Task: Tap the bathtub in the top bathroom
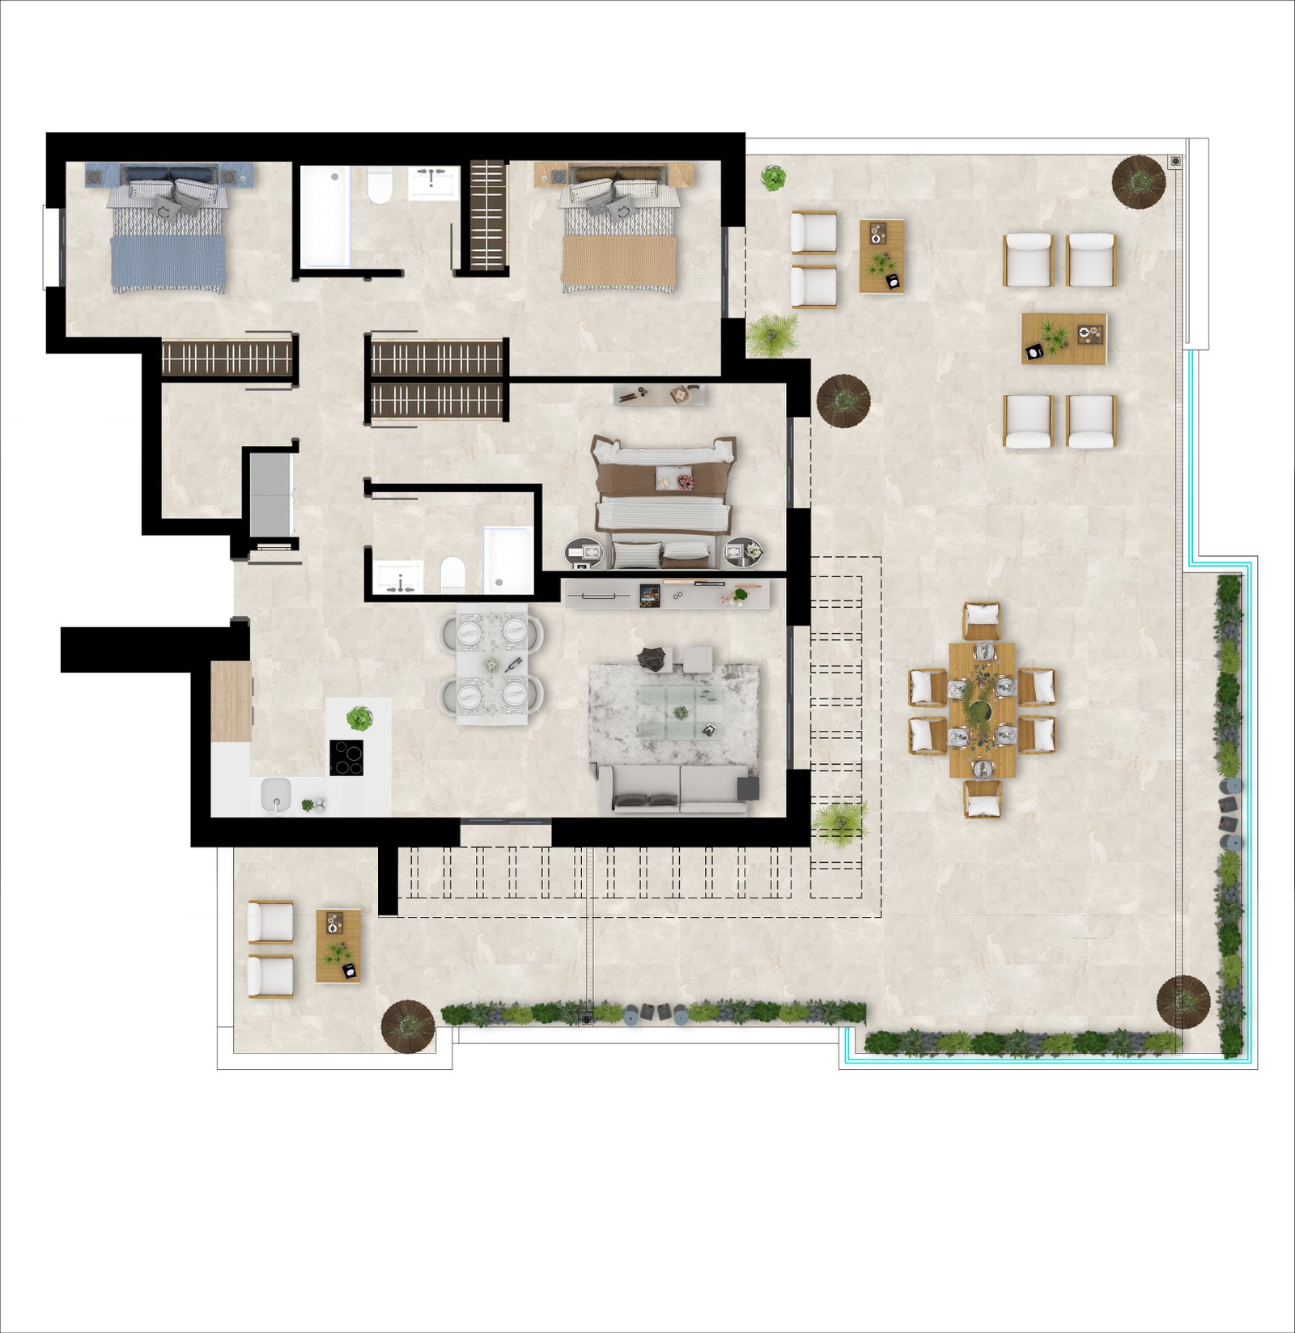325,217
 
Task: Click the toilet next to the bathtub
380,187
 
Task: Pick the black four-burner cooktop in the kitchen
346,758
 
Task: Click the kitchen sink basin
276,795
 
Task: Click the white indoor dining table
491,664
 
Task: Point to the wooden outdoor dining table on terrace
982,710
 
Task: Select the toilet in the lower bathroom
452,574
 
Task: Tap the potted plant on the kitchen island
359,718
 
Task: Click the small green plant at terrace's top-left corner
773,177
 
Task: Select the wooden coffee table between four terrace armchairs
1063,339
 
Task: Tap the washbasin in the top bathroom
433,183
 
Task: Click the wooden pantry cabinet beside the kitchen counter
231,701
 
